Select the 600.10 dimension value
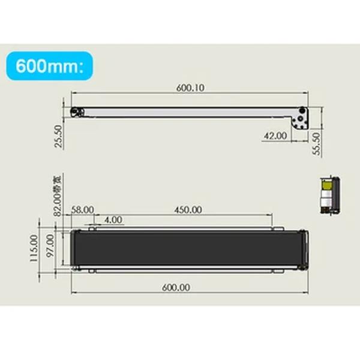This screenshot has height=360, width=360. (x=190, y=87)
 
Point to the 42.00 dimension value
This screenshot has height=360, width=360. (x=275, y=136)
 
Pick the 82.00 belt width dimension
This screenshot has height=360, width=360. (x=58, y=200)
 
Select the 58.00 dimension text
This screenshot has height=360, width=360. (x=82, y=209)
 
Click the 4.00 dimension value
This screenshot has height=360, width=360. (x=113, y=220)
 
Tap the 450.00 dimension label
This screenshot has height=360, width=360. (x=187, y=209)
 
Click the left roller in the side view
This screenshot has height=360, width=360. (x=76, y=112)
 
